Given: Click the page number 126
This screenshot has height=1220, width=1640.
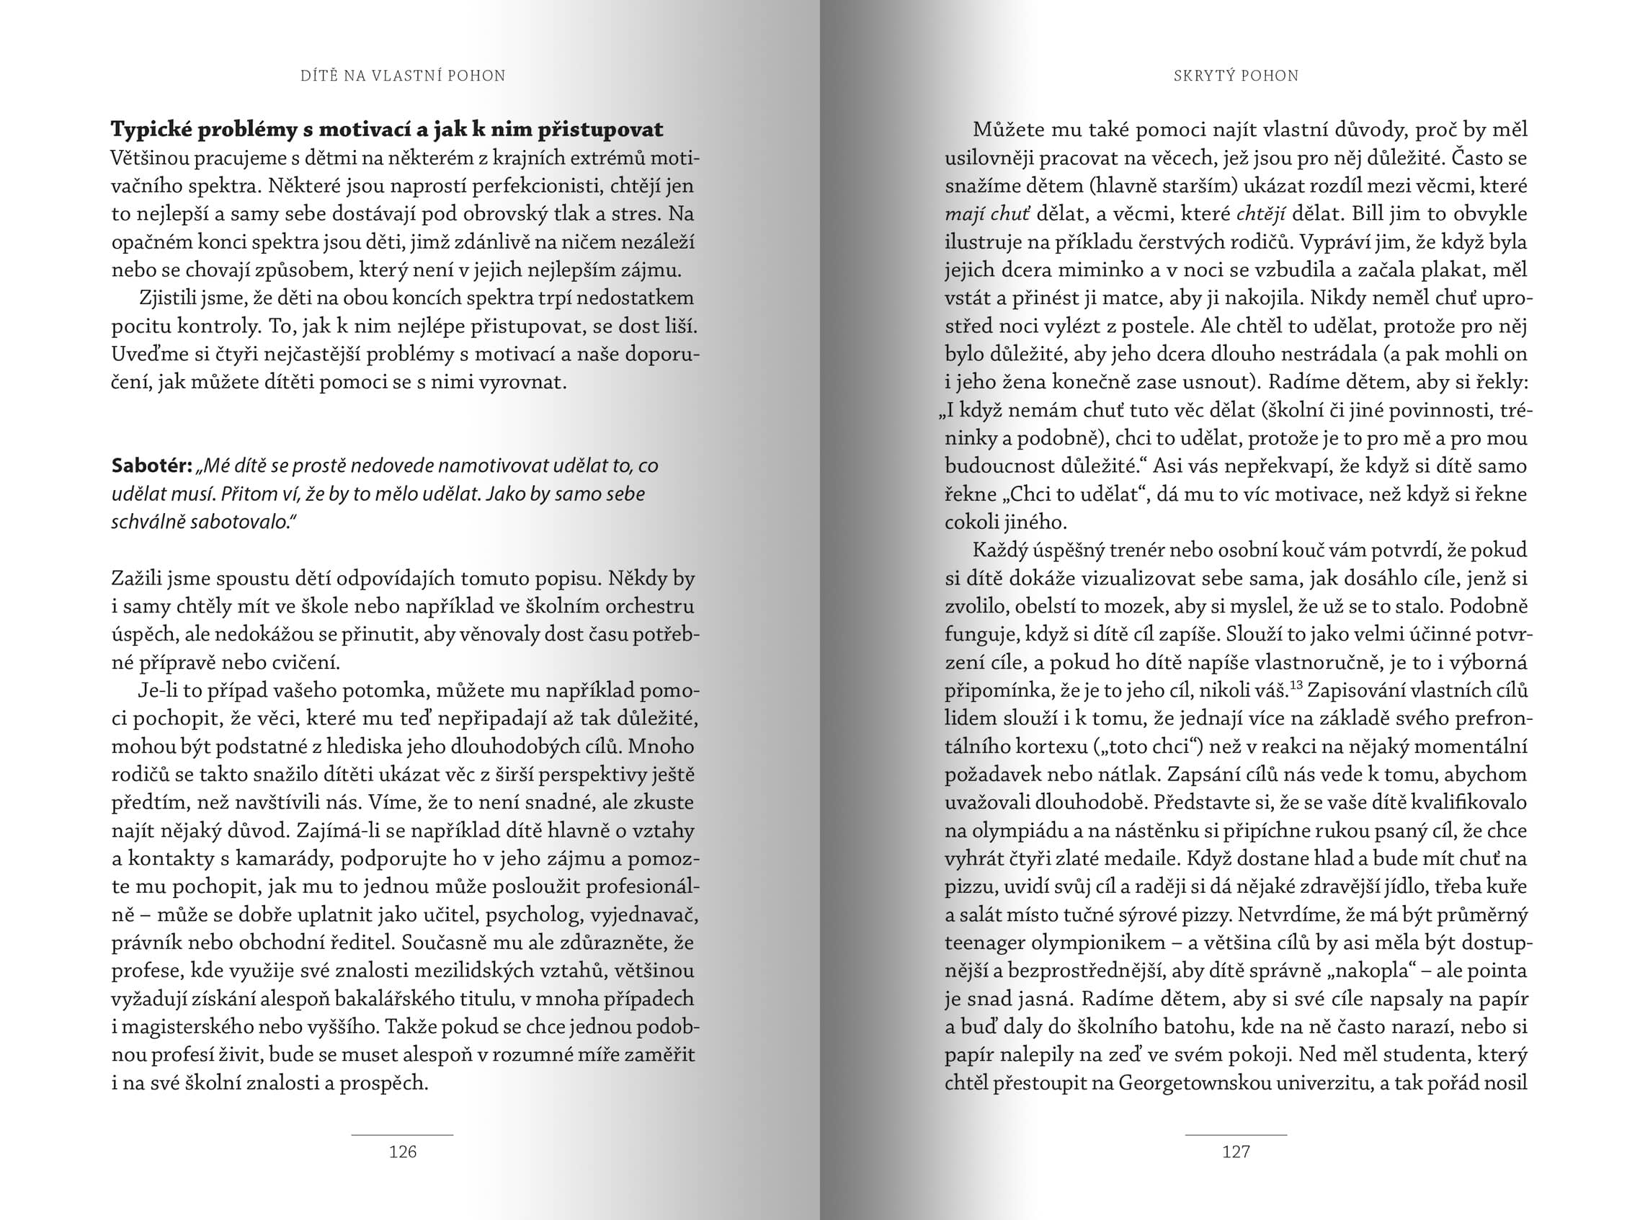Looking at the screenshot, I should pyautogui.click(x=402, y=1152).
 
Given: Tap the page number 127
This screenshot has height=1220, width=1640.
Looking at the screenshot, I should pyautogui.click(x=1236, y=1152).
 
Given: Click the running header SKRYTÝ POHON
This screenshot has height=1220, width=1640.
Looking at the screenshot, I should pyautogui.click(x=1236, y=76).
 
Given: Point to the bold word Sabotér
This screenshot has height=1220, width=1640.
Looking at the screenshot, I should pyautogui.click(x=151, y=466).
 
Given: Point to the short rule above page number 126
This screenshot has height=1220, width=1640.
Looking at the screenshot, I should pyautogui.click(x=402, y=1134).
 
